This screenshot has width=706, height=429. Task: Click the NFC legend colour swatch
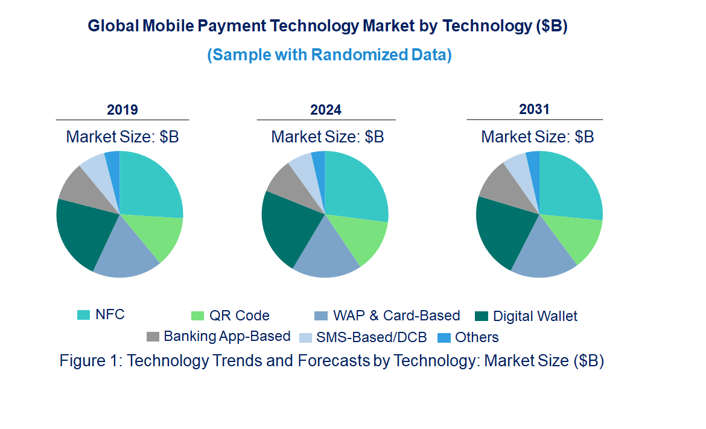point(83,315)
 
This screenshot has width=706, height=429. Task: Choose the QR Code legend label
point(239,316)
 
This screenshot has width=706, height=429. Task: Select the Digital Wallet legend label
point(535,316)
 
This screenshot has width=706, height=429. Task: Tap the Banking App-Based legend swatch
point(153,337)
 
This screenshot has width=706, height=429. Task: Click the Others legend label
point(477,337)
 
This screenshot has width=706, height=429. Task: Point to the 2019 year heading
point(122,110)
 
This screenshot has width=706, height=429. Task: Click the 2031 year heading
point(534,109)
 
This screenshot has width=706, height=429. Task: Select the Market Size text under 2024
point(327,137)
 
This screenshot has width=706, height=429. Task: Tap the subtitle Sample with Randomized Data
point(329,55)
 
